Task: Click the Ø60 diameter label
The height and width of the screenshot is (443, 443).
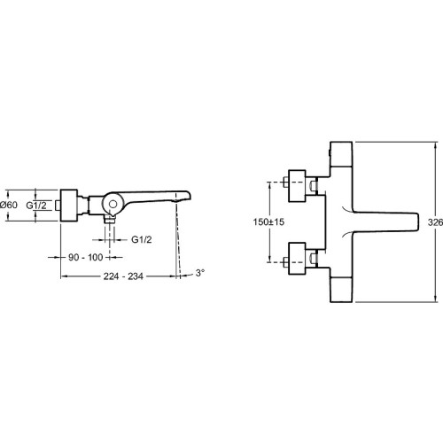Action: click(9, 205)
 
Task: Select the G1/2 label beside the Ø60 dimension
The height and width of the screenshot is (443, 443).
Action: click(36, 205)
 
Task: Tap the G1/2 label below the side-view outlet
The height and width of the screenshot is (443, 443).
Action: click(142, 239)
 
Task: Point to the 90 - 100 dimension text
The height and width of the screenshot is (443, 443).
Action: click(86, 258)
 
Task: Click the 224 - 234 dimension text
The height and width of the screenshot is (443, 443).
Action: click(123, 276)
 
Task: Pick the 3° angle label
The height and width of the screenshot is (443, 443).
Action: click(200, 273)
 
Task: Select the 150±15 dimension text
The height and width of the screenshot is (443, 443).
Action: click(268, 221)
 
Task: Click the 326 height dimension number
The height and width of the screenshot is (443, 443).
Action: click(435, 222)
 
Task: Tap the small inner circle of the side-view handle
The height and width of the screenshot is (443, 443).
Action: click(113, 204)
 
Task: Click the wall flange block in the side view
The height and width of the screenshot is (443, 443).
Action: click(69, 206)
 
